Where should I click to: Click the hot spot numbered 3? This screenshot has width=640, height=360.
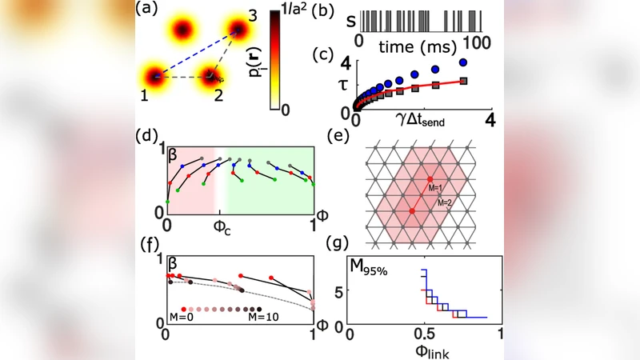238,30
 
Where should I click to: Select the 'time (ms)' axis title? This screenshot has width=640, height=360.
414,40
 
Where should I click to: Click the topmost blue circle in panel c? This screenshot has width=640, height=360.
463,62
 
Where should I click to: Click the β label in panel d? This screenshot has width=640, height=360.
172,158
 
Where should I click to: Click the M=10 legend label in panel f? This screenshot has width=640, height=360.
264,318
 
